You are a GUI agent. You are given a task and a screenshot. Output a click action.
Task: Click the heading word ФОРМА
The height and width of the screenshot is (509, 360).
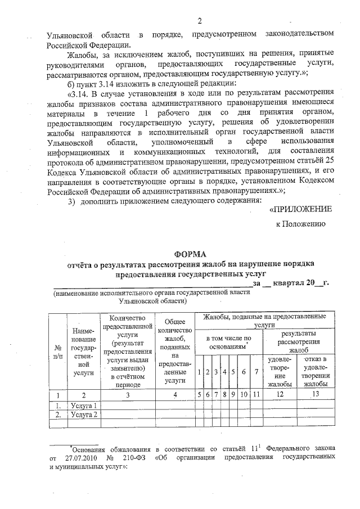(x=191, y=254)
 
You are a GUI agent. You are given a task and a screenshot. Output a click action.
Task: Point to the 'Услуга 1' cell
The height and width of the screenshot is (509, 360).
(x=85, y=405)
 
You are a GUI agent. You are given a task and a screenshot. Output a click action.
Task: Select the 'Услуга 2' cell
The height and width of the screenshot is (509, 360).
(x=85, y=415)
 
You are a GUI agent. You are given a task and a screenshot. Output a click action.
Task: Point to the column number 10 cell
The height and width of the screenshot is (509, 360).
(x=242, y=395)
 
